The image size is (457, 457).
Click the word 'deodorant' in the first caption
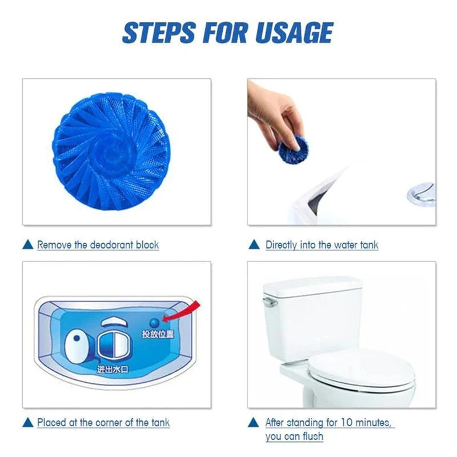pyautogui.click(x=108, y=245)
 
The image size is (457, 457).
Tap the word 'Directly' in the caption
pyautogui.click(x=281, y=245)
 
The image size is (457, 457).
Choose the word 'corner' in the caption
pyautogui.click(x=106, y=423)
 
